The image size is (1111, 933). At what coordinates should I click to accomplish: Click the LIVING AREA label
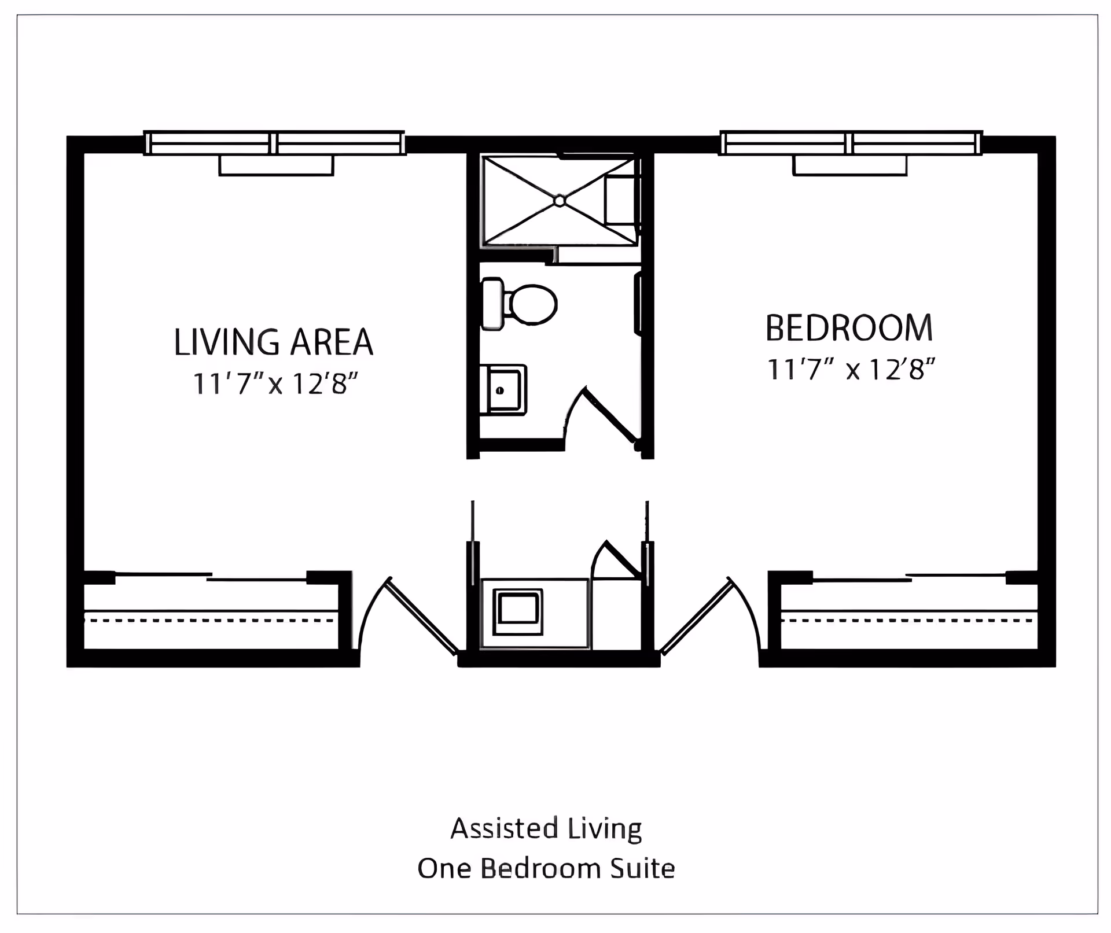[x=273, y=342]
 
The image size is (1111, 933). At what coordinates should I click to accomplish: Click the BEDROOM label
[x=849, y=328]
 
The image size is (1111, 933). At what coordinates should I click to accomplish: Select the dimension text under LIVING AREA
[x=275, y=383]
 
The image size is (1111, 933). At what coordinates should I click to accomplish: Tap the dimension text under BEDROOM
[x=851, y=370]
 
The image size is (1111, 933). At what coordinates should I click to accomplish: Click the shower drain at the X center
[x=559, y=201]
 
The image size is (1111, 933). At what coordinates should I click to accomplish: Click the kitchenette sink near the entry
[x=518, y=612]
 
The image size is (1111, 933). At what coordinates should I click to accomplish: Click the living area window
[x=274, y=143]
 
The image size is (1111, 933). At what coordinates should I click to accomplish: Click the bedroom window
[x=851, y=143]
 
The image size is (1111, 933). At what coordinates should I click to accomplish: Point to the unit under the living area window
[x=276, y=165]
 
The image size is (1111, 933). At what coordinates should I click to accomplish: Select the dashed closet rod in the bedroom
[x=907, y=620]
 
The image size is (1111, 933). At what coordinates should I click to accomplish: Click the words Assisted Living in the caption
[x=546, y=828]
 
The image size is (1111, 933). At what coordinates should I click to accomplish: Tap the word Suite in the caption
[x=643, y=869]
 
